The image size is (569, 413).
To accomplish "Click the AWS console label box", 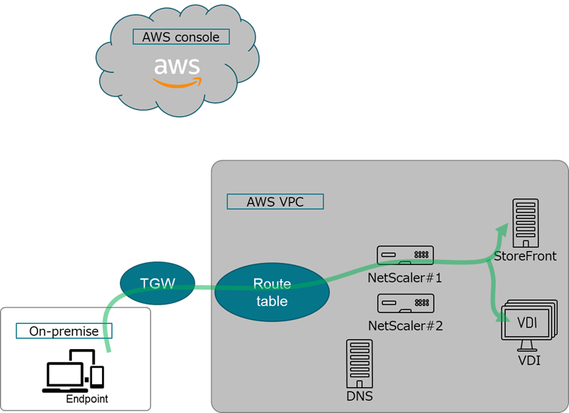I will pyautogui.click(x=181, y=37).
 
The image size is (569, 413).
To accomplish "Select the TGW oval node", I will pyautogui.click(x=157, y=284).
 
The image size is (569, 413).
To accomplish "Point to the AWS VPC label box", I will pyautogui.click(x=275, y=202).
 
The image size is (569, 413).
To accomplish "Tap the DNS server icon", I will pyautogui.click(x=359, y=363).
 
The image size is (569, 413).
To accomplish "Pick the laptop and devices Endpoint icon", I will pyautogui.click(x=75, y=371).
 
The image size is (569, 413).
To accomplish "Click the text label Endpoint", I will pyautogui.click(x=87, y=399).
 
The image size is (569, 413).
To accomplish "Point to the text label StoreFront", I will pyautogui.click(x=525, y=256).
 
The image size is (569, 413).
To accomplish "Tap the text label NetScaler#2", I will pyautogui.click(x=405, y=325).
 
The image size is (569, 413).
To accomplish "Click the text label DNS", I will pyautogui.click(x=359, y=396).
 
